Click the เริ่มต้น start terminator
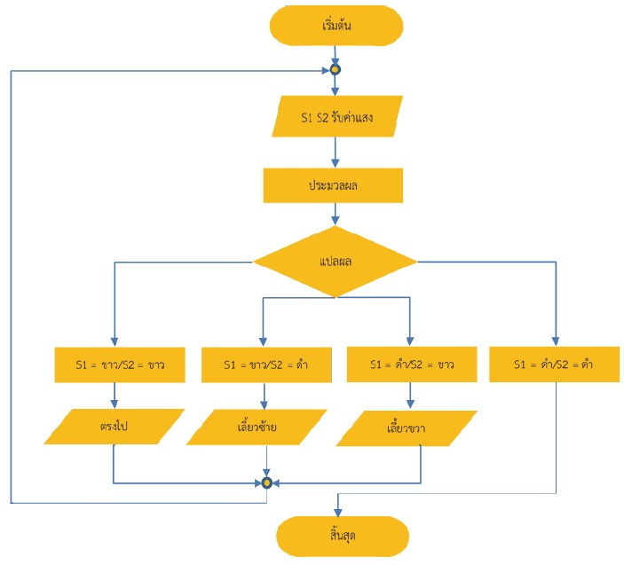(336, 26)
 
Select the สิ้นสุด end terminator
(343, 536)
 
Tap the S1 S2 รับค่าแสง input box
(337, 117)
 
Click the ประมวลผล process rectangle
(333, 185)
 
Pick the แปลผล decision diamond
(336, 262)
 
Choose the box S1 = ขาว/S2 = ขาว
(120, 365)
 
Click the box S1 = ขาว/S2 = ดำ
(266, 365)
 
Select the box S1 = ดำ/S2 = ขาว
(412, 365)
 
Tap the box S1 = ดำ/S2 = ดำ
(555, 365)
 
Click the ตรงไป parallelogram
(115, 427)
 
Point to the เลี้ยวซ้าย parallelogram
(257, 428)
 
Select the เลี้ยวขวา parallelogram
(407, 428)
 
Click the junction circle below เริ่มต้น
(336, 70)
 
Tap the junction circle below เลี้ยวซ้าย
(266, 483)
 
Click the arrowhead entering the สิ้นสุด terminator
(338, 512)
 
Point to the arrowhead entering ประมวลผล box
(336, 163)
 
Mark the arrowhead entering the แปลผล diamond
(336, 221)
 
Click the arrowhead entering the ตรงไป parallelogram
(115, 404)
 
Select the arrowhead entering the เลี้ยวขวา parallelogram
(410, 404)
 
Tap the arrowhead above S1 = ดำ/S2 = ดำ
(556, 341)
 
